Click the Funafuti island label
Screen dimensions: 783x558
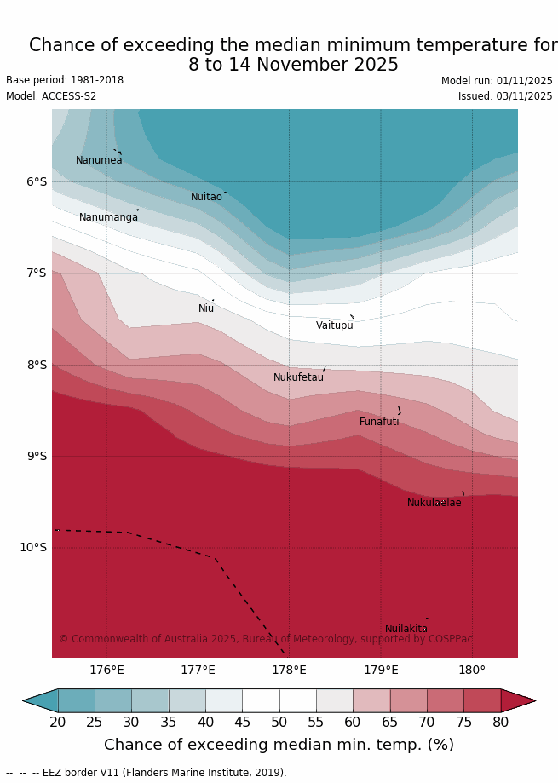coord(379,422)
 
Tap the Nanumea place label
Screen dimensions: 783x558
coord(99,160)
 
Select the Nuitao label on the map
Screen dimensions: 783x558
coord(206,197)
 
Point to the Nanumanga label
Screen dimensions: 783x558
coord(108,217)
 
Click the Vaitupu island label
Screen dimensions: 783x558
coord(334,325)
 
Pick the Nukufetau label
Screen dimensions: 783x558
coord(298,377)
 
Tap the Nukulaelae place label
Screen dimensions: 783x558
coord(434,503)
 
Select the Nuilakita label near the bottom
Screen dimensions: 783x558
coord(406,629)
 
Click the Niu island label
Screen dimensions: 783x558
coord(206,308)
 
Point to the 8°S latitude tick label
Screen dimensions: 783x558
coord(37,365)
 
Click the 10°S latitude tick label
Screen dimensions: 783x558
coord(33,547)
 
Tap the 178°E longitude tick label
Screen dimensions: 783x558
coord(289,670)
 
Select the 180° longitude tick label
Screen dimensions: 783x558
coord(472,670)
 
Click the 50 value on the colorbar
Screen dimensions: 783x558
coord(279,723)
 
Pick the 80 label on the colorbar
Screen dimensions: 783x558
coord(501,723)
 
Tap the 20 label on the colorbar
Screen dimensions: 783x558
coord(58,723)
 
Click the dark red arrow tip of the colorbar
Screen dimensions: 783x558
coord(519,700)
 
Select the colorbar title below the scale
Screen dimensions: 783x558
coord(279,746)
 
